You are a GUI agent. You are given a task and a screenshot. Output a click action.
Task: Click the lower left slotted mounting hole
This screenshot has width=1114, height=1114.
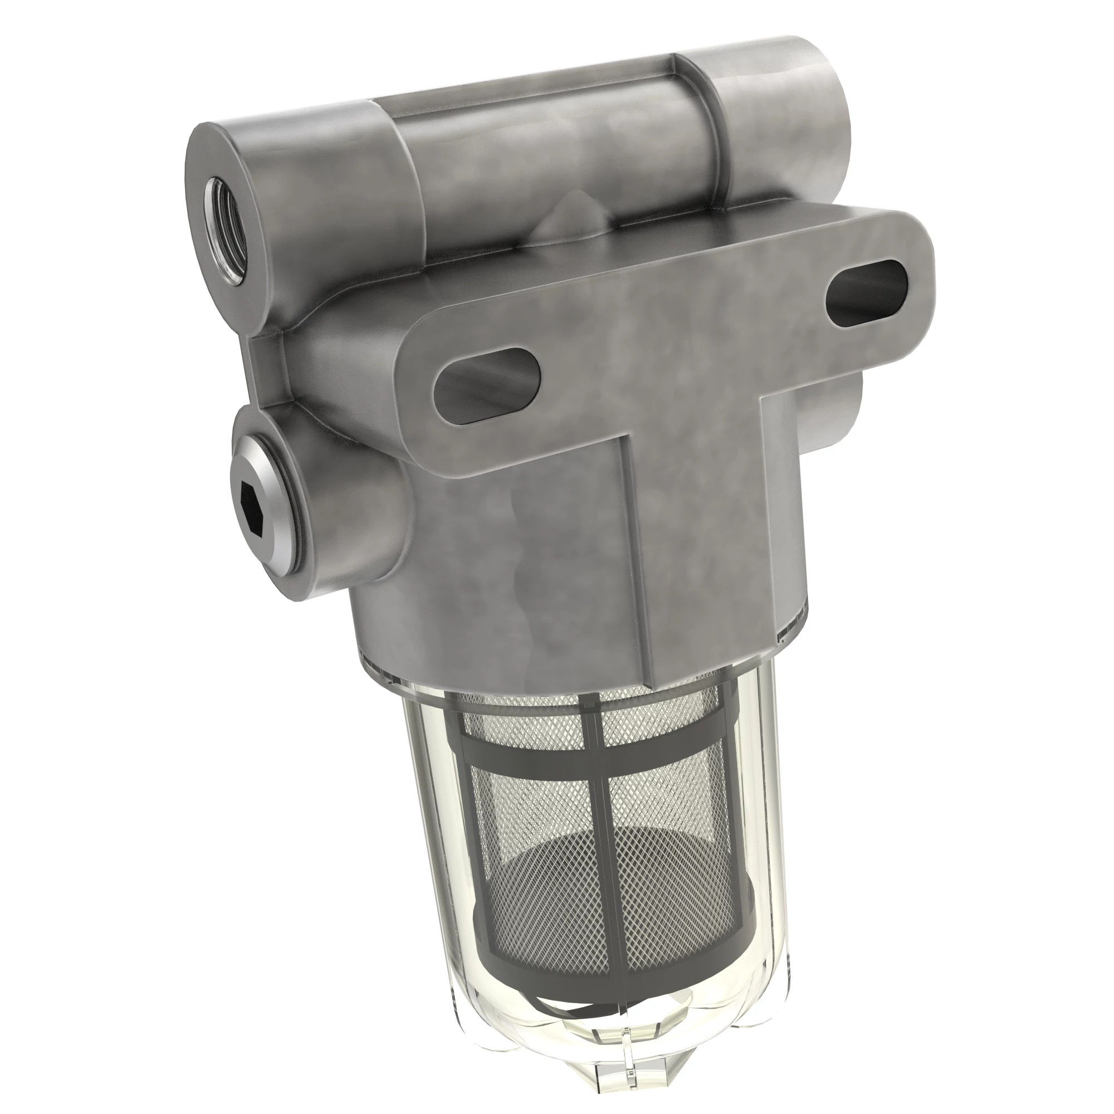tap(487, 386)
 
